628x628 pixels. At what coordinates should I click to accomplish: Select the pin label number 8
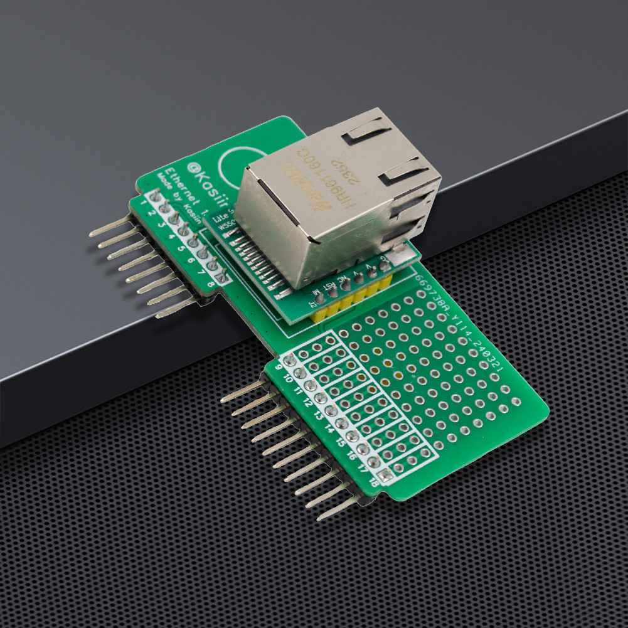pos(210,285)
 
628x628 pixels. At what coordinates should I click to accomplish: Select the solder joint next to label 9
pos(290,360)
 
